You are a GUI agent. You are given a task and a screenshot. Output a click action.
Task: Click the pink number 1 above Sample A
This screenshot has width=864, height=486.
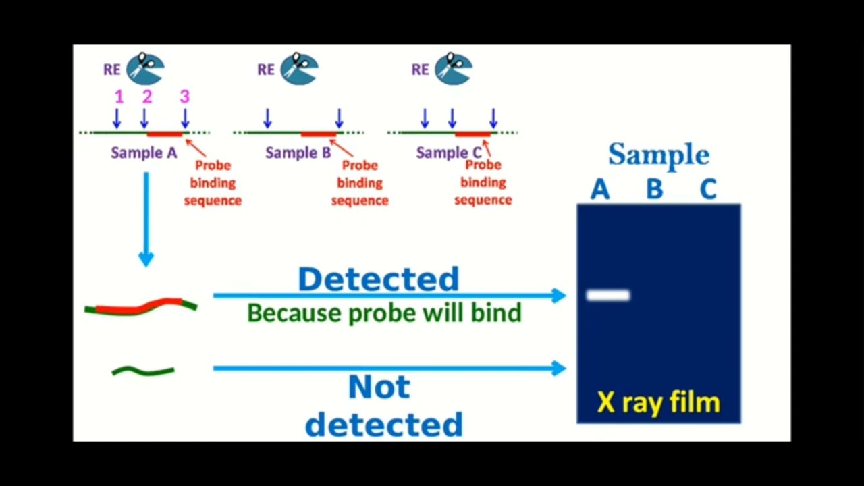[119, 97]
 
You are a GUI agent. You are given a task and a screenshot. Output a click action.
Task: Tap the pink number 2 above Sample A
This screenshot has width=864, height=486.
[147, 97]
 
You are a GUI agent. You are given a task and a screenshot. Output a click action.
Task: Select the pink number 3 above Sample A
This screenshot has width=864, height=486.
[185, 97]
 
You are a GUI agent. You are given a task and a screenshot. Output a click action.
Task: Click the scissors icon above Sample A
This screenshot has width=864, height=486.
[145, 69]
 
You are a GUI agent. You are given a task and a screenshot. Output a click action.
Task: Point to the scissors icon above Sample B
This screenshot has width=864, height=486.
[299, 69]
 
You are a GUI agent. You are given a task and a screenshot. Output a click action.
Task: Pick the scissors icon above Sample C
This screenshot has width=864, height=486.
[454, 69]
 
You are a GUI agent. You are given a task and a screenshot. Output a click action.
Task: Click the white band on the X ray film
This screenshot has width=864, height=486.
[608, 296]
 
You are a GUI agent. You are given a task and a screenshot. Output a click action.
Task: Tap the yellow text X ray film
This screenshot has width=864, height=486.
[659, 403]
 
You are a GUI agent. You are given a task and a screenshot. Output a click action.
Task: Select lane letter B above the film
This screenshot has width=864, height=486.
[655, 189]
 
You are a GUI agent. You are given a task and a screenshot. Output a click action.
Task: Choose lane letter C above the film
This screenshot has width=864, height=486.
[708, 189]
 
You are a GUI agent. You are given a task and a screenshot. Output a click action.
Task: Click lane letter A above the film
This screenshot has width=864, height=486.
[600, 189]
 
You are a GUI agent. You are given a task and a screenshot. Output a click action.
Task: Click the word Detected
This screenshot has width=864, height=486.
[379, 279]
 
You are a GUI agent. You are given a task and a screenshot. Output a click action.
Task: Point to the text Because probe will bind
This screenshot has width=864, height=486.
[384, 313]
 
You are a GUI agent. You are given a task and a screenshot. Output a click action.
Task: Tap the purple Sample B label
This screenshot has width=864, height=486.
[298, 153]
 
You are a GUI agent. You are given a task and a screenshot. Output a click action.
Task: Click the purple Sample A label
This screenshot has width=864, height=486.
[144, 153]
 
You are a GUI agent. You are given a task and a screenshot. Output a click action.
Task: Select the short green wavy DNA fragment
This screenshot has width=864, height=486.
[143, 371]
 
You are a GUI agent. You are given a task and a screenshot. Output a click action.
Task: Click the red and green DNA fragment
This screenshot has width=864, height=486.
[141, 307]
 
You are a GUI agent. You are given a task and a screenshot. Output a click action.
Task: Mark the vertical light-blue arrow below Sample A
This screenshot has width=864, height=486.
[146, 219]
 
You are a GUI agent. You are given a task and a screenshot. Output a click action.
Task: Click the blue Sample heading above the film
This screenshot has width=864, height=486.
[659, 155]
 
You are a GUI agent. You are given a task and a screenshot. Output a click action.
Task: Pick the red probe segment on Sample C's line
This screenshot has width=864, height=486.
[473, 134]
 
